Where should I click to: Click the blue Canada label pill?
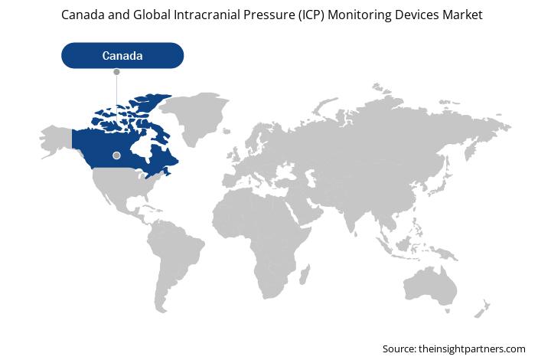point(122,56)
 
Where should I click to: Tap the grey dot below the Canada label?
point(116,72)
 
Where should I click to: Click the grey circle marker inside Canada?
point(116,155)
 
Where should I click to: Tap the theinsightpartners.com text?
point(472,349)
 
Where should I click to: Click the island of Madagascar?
point(305,274)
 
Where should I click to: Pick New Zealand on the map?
point(482,309)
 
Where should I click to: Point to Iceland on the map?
point(227,132)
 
